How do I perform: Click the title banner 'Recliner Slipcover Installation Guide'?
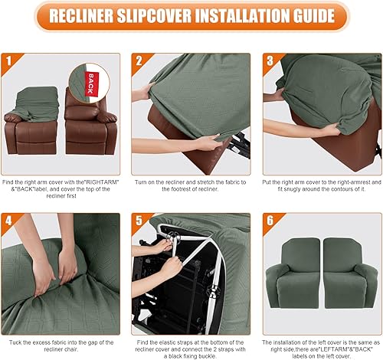coord(191,15)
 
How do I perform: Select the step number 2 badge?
coord(140,60)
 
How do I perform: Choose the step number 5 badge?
coord(140,221)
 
